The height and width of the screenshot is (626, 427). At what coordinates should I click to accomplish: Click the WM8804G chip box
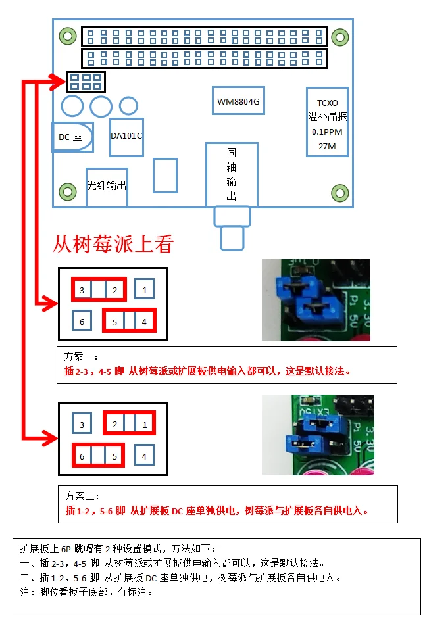pyautogui.click(x=238, y=101)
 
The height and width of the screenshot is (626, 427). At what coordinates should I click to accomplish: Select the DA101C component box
pyautogui.click(x=126, y=137)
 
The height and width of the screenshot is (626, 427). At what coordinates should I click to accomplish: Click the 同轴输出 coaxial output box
pyautogui.click(x=231, y=174)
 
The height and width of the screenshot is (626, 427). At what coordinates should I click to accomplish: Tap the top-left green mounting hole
pyautogui.click(x=67, y=35)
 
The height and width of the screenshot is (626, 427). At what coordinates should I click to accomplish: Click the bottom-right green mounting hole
pyautogui.click(x=339, y=193)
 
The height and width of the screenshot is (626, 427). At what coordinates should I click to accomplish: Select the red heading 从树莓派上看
pyautogui.click(x=113, y=245)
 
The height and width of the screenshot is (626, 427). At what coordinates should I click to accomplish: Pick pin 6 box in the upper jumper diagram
pyautogui.click(x=82, y=322)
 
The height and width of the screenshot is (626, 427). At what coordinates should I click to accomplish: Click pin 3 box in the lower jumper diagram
pyautogui.click(x=82, y=425)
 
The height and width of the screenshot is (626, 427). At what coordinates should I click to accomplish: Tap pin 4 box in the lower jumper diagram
pyautogui.click(x=145, y=456)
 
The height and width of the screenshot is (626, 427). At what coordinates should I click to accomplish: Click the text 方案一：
pyautogui.click(x=80, y=357)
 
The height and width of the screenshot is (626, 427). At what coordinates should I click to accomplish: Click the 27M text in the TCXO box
pyautogui.click(x=327, y=146)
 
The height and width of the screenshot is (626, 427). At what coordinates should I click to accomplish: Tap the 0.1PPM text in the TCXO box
pyautogui.click(x=327, y=132)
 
